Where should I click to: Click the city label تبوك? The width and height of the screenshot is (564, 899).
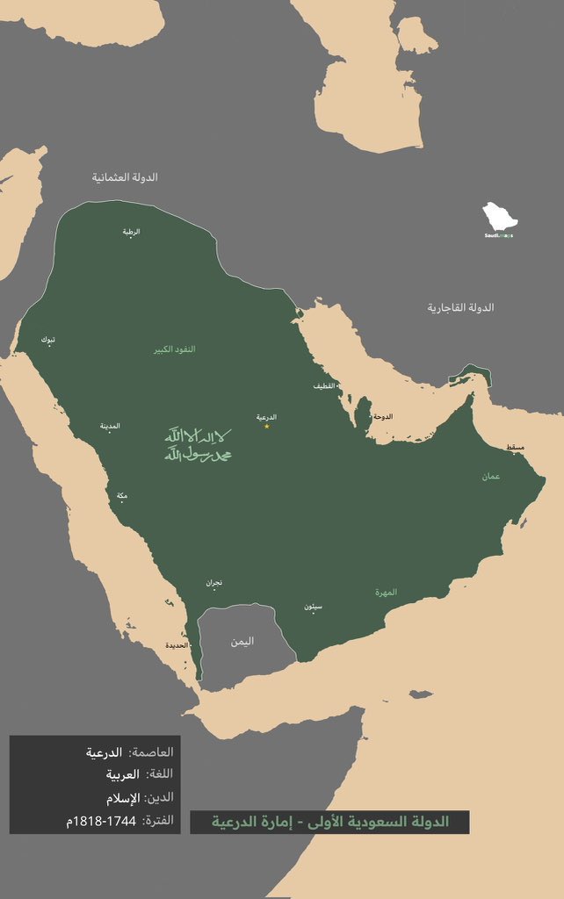click(46, 338)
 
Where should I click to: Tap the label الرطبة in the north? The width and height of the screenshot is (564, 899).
click(131, 232)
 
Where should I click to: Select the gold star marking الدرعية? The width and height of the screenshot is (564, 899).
click(267, 426)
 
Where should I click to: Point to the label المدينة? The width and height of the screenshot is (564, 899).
click(110, 426)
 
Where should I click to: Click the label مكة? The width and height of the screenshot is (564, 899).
click(121, 495)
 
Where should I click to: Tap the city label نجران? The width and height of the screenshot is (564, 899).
click(214, 582)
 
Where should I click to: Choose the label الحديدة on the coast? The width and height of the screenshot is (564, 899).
click(177, 645)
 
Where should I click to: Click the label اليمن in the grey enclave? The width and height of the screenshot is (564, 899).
click(242, 641)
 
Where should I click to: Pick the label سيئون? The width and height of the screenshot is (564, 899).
click(314, 607)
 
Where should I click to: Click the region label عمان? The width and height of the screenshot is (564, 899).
click(490, 476)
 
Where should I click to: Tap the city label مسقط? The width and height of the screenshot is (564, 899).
click(516, 448)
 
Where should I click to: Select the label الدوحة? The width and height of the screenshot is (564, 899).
click(382, 416)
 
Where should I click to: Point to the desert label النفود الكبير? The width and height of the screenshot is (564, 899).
click(176, 349)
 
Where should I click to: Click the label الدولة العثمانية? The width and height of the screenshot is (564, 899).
click(125, 177)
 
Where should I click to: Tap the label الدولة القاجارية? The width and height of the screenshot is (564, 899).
click(460, 307)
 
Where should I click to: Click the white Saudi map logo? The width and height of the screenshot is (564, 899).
click(498, 219)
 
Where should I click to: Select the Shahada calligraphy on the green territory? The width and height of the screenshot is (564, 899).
click(199, 444)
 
